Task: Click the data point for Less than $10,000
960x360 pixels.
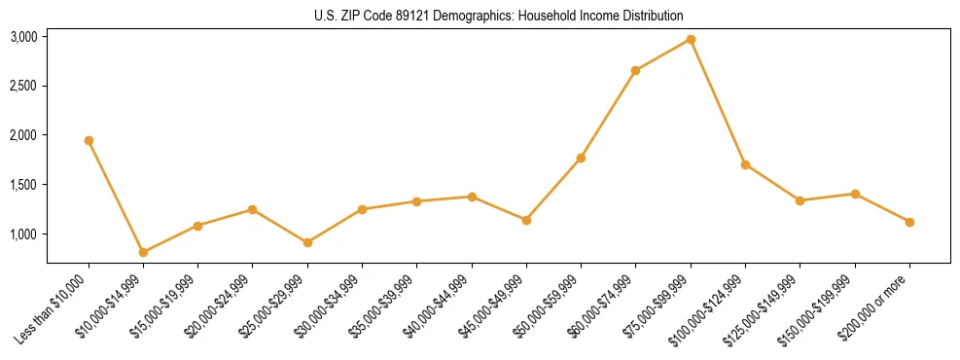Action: click(x=89, y=140)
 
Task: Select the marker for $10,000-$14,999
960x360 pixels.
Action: click(x=143, y=252)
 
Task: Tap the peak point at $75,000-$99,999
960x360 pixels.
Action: click(x=691, y=39)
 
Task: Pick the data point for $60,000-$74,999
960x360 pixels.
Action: click(x=635, y=70)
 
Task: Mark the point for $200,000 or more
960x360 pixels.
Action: click(x=909, y=222)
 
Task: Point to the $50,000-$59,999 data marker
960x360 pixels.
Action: click(x=581, y=158)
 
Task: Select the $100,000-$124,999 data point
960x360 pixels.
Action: click(x=745, y=164)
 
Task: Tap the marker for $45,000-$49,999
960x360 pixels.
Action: click(x=526, y=220)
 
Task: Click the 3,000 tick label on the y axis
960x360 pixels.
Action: click(x=23, y=37)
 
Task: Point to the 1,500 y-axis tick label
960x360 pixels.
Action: click(x=23, y=185)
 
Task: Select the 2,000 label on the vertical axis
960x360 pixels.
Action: click(x=23, y=135)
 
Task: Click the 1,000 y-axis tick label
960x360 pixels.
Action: click(x=23, y=234)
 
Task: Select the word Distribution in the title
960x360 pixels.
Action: click(x=650, y=16)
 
